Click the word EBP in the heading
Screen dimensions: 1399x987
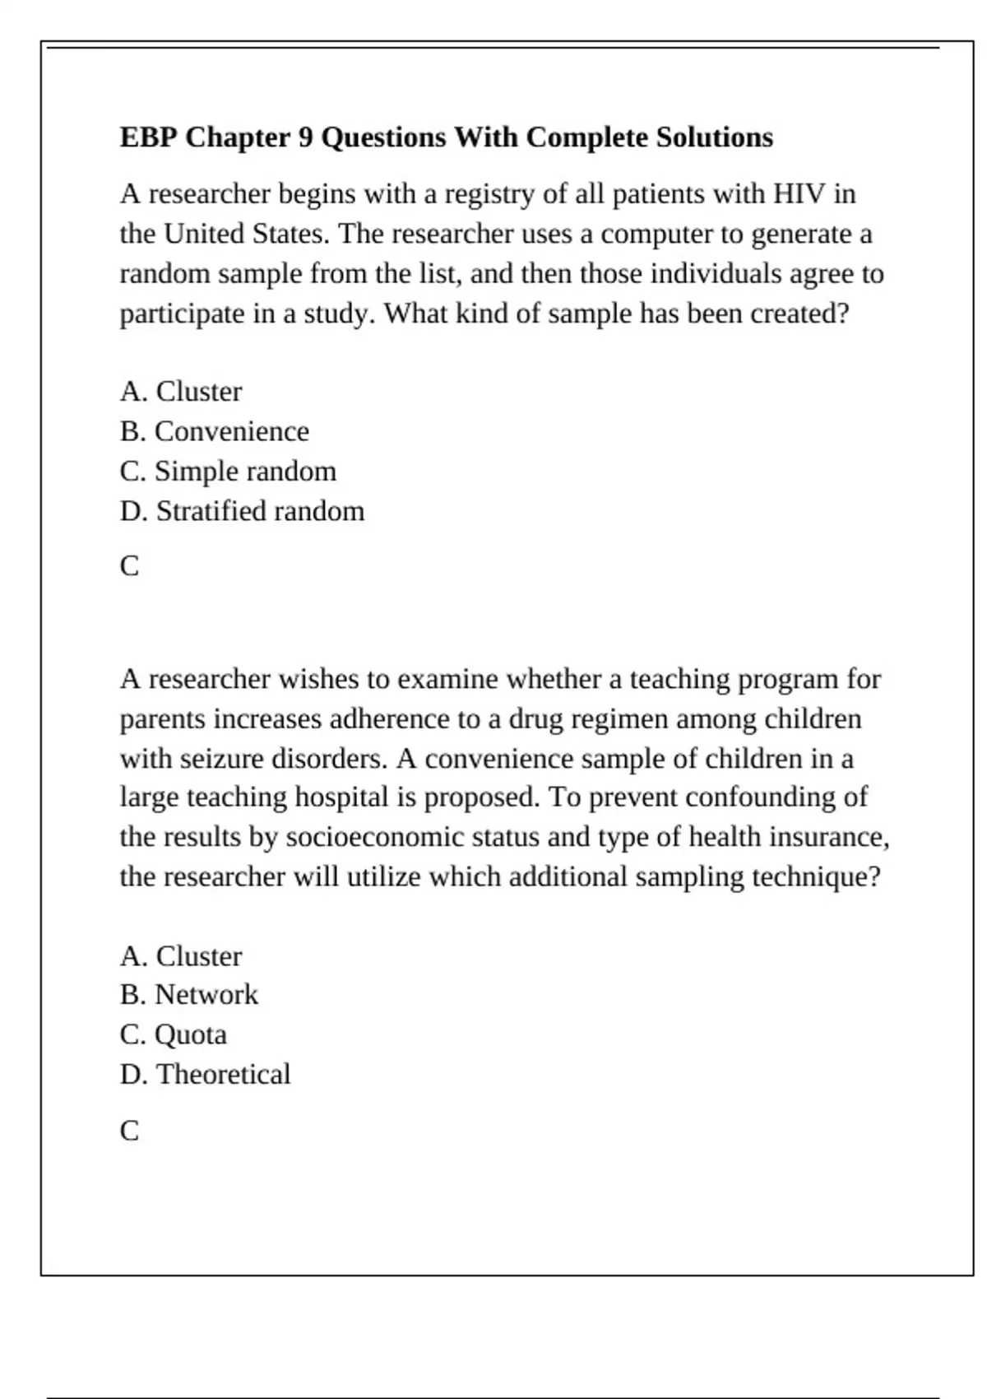pyautogui.click(x=149, y=137)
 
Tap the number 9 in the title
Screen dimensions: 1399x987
pyautogui.click(x=305, y=137)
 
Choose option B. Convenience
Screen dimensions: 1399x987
pyautogui.click(x=214, y=431)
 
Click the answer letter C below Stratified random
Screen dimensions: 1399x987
pyautogui.click(x=129, y=566)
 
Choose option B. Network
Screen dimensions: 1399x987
pyautogui.click(x=188, y=995)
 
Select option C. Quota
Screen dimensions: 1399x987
pyautogui.click(x=173, y=1034)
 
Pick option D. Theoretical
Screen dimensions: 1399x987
pyautogui.click(x=205, y=1075)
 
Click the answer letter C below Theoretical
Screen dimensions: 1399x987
pyautogui.click(x=129, y=1131)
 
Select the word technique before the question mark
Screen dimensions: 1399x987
pyautogui.click(x=808, y=877)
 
